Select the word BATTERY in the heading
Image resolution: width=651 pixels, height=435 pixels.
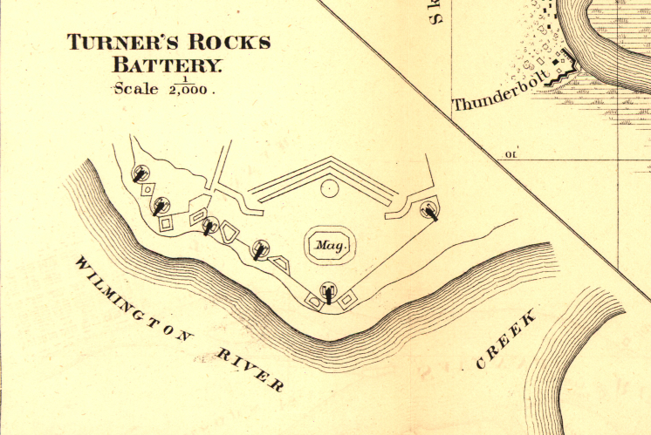[168, 64]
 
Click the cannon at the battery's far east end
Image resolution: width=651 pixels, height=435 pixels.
[429, 210]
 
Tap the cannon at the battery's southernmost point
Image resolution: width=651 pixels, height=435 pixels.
[328, 291]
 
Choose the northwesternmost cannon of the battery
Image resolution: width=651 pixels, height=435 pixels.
[140, 173]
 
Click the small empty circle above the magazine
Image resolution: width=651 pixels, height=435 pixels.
[329, 188]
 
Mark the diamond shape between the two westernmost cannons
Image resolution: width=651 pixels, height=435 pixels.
[148, 189]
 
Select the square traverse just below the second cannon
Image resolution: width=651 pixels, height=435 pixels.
[166, 223]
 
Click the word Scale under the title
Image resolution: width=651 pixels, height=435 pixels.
[133, 89]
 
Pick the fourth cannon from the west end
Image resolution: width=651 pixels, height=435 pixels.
[259, 250]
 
